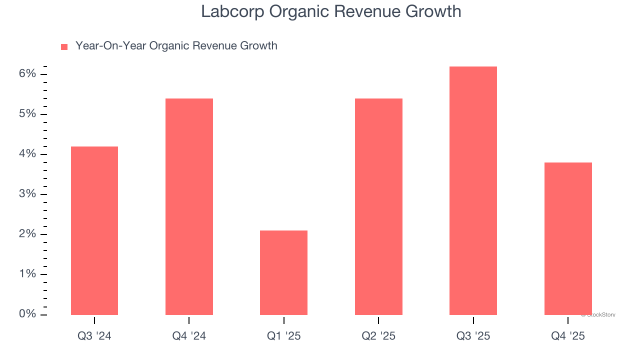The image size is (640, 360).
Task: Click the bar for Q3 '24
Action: point(94,230)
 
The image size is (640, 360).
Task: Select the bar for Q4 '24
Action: point(189,206)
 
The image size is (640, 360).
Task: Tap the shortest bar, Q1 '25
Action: point(283,272)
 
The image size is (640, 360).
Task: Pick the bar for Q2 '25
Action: point(378,206)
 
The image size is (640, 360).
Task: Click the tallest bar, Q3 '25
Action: point(473,190)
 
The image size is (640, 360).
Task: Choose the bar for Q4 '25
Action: point(568,238)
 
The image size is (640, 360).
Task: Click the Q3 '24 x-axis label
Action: point(94,336)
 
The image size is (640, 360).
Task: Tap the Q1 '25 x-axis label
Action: point(283,336)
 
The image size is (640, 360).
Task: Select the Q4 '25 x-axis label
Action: point(568,336)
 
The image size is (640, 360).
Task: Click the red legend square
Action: point(64,46)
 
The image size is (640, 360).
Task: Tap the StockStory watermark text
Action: point(598,315)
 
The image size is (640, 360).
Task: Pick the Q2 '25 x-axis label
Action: point(378,336)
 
